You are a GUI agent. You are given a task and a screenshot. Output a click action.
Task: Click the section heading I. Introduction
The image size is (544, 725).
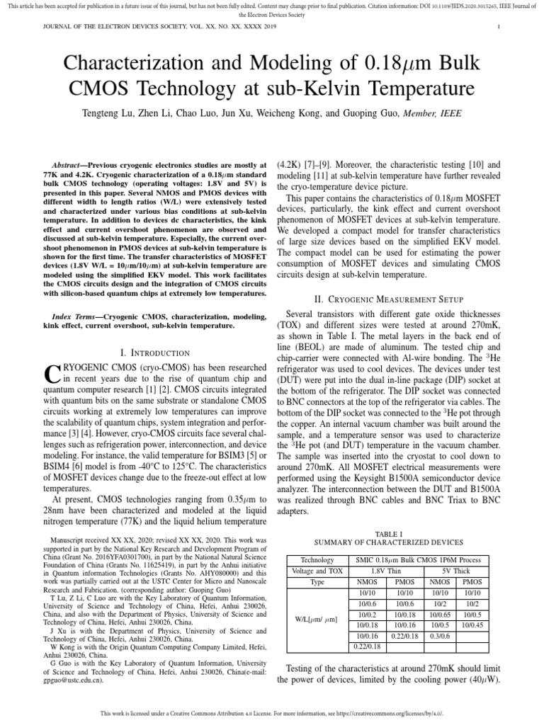(154, 353)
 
